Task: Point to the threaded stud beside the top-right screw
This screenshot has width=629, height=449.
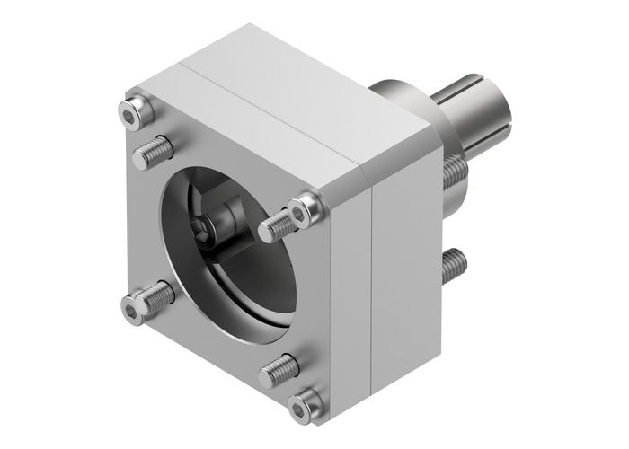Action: (x=279, y=224)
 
